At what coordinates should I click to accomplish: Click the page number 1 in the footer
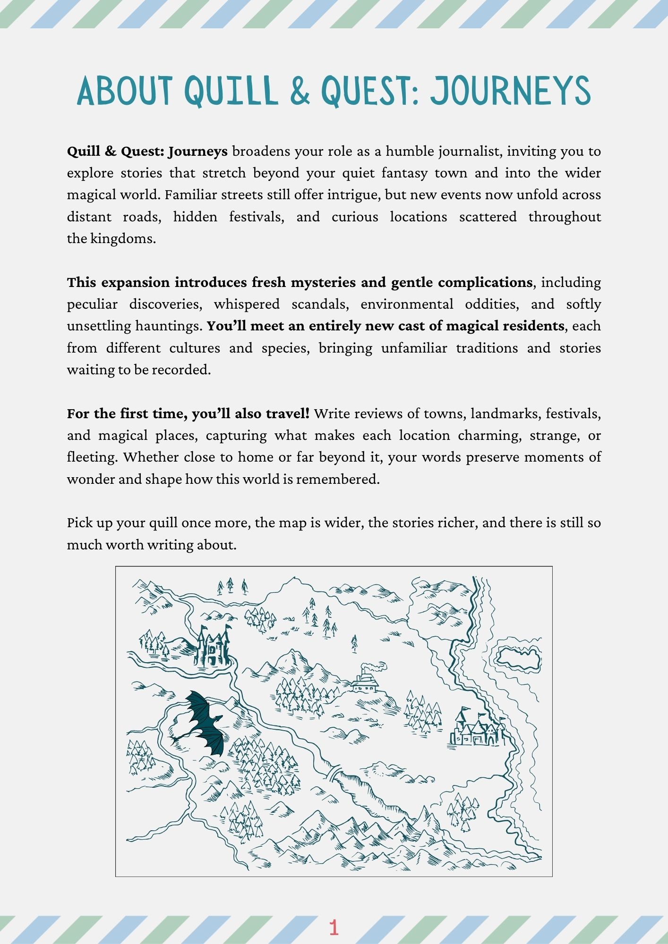click(334, 927)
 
